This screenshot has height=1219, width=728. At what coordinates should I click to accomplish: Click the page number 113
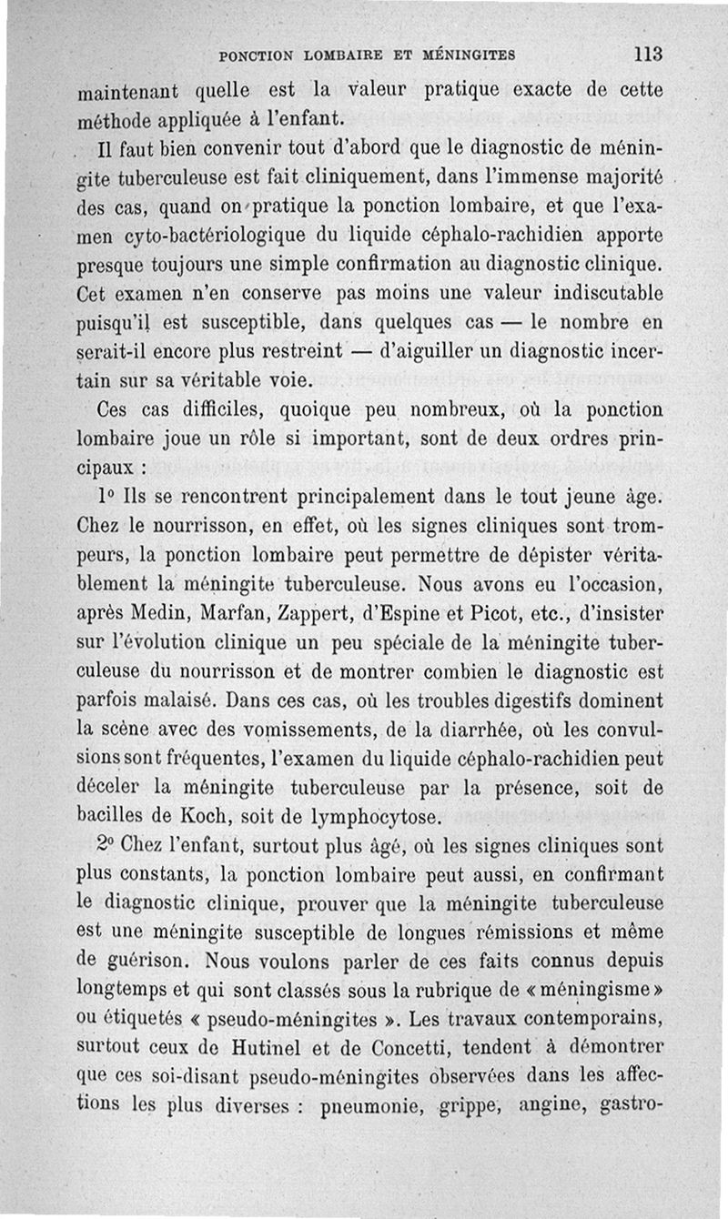(649, 54)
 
